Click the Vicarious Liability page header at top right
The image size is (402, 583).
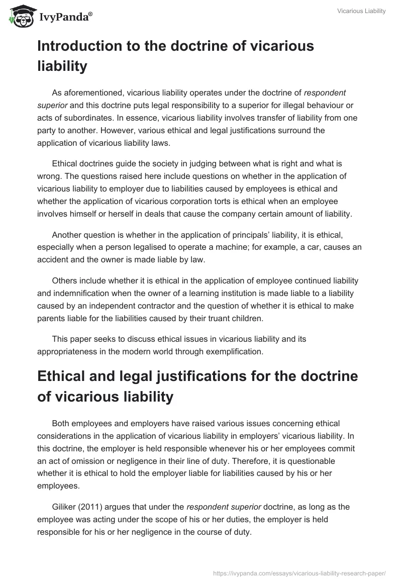point(362,11)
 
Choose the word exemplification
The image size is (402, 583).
point(234,352)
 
